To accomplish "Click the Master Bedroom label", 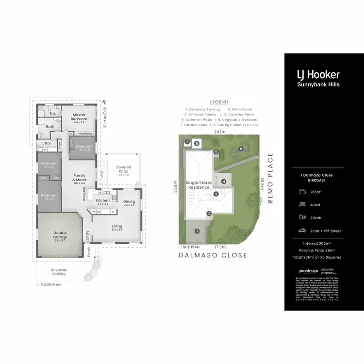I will (79, 117).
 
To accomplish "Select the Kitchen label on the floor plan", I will (102, 200).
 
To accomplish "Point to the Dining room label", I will (129, 201).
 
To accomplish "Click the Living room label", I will (116, 226).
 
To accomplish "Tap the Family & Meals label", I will (80, 177).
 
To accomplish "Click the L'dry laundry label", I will (47, 143).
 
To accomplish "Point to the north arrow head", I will (104, 102).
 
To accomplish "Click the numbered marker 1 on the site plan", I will (197, 231).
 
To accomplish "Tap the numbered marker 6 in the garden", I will (240, 148).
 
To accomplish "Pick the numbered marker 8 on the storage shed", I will (197, 143).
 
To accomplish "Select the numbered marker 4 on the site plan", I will (224, 182).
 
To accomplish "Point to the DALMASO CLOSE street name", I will (213, 255).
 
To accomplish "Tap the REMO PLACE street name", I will (271, 178).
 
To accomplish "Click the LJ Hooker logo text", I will (318, 75).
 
